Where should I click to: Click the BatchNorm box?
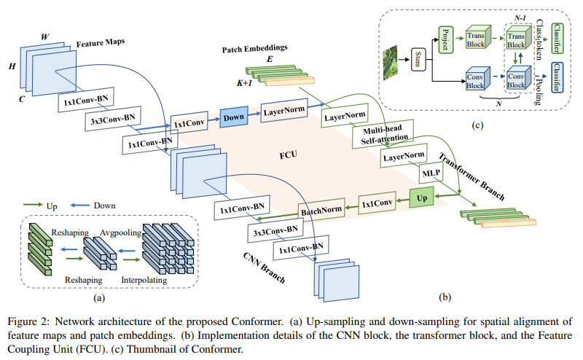tap(321, 211)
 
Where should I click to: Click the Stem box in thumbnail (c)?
tap(418, 58)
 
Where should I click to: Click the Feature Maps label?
tap(100, 44)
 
